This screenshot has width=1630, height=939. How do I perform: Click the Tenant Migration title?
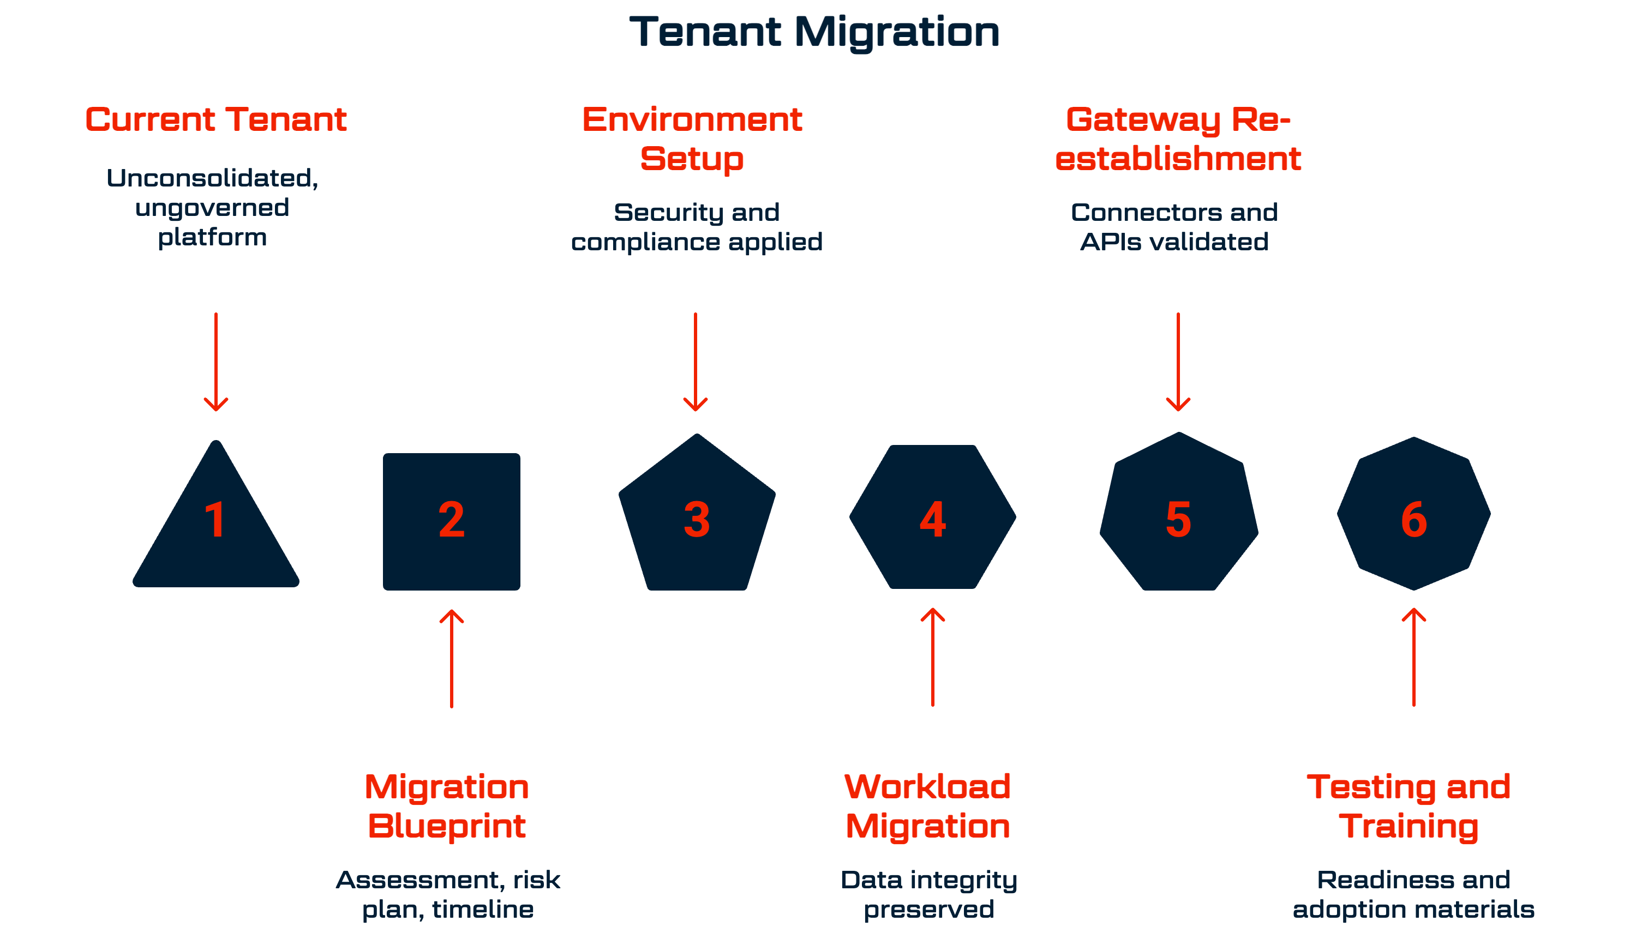(814, 32)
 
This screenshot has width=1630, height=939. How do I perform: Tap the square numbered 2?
(452, 521)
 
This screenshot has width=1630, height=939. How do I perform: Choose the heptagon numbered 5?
(1178, 516)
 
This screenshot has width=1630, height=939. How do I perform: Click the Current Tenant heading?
(216, 120)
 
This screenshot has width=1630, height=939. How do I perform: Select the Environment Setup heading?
(692, 139)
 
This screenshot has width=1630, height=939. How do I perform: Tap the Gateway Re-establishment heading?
(1178, 139)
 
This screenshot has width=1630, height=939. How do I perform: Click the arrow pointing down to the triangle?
(216, 362)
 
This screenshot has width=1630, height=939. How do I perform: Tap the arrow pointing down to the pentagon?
(696, 362)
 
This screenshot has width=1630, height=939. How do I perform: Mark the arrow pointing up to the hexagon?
(933, 657)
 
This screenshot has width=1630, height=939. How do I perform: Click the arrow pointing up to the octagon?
(1414, 657)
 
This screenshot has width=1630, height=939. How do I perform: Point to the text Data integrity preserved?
(929, 894)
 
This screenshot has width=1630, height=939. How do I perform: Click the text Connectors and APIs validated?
(1174, 226)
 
